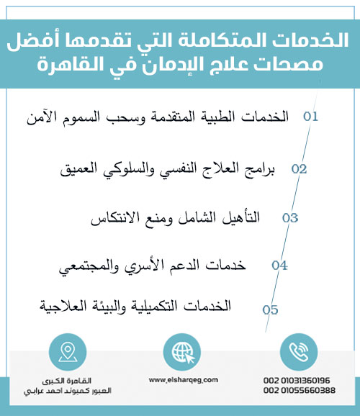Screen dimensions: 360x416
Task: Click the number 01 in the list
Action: click(x=310, y=116)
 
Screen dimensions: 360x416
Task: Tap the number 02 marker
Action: click(x=299, y=169)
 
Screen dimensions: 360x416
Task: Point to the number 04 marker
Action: click(x=279, y=265)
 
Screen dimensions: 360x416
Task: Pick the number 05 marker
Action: click(x=270, y=310)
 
